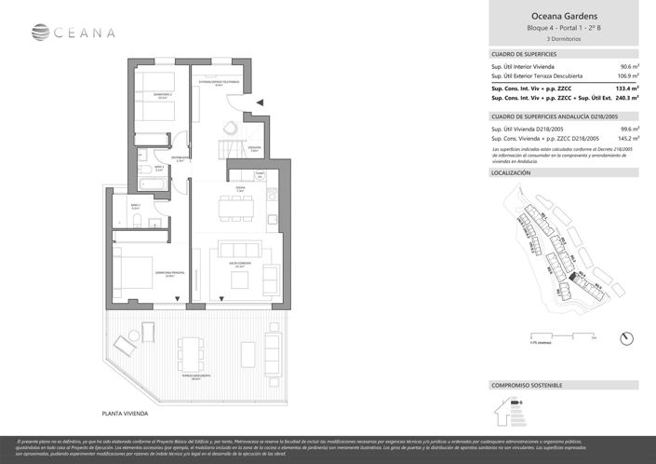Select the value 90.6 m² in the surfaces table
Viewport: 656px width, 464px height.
(627, 67)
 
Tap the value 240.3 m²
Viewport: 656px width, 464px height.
(625, 97)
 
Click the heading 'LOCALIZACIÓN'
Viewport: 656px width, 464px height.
(511, 173)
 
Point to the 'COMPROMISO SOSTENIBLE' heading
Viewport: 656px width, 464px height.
(527, 385)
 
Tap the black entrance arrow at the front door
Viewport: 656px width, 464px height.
(262, 102)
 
